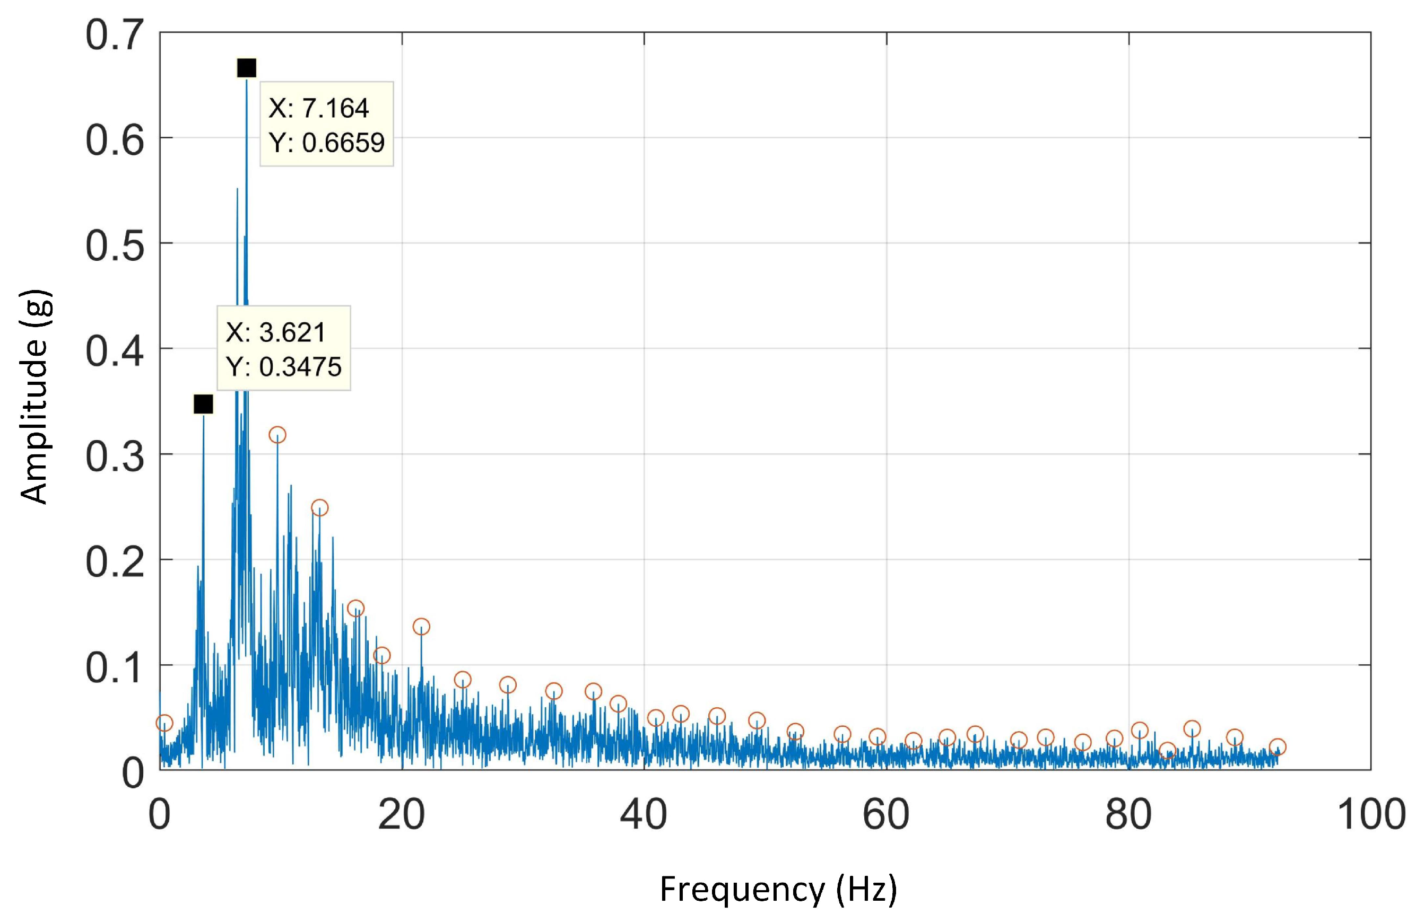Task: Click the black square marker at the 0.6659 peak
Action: coord(246,68)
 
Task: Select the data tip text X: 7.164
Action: coord(318,108)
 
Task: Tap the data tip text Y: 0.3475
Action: coord(284,366)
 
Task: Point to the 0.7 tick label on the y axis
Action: coord(115,34)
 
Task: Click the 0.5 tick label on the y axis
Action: coord(115,245)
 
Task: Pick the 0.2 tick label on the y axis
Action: coord(115,562)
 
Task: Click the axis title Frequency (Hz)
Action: coord(778,889)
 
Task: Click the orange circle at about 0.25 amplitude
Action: coord(319,507)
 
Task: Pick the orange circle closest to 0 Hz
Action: coord(164,723)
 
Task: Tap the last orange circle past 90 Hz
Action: coord(1278,747)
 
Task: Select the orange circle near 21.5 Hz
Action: coord(421,626)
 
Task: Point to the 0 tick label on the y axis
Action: coord(132,773)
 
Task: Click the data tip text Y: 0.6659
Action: coord(327,143)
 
